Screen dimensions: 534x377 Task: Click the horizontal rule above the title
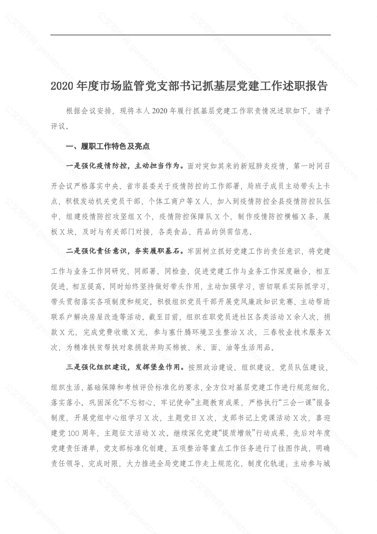tap(190, 35)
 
